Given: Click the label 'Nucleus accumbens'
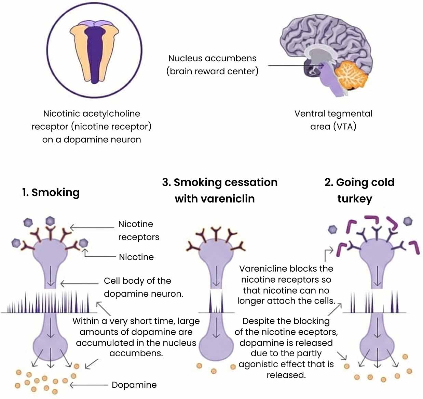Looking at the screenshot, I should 212,58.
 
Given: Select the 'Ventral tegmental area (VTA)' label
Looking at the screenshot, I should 333,120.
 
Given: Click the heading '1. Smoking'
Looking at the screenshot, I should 51,192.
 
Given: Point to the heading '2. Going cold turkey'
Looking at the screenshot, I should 359,190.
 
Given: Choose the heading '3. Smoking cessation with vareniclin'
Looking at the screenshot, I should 219,190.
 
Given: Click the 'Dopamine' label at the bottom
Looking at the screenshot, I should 134,385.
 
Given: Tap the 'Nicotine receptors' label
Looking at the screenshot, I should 138,230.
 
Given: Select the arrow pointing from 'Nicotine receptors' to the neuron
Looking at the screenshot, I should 92,227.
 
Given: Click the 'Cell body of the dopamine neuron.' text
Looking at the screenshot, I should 143,287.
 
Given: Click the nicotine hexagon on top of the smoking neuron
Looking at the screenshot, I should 50,221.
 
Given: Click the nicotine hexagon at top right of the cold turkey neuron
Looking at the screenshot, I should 408,221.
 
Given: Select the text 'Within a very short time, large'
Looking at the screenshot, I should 136,321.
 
